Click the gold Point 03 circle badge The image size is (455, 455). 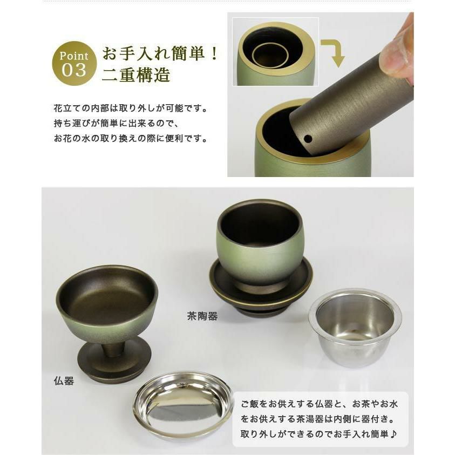74,63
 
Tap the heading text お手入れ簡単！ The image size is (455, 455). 160,53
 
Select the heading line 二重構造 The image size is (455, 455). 136,74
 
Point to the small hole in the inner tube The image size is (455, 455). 308,139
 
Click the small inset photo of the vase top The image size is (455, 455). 276,52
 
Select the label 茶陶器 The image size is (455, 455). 202,316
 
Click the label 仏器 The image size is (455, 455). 64,381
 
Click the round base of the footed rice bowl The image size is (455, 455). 114,362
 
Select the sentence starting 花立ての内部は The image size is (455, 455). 131,108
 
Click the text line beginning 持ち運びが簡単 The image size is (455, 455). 117,124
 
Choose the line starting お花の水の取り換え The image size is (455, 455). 131,139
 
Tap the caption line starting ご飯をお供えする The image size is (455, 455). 319,404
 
